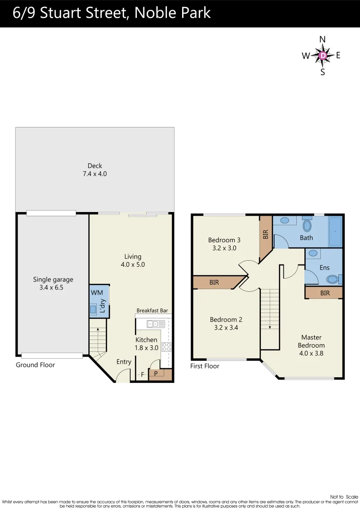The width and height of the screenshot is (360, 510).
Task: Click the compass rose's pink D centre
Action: click(x=323, y=55)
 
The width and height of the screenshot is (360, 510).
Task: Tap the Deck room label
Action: click(x=95, y=166)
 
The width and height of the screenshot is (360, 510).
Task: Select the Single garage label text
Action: click(x=53, y=280)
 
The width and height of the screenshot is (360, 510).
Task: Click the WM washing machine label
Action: click(x=96, y=293)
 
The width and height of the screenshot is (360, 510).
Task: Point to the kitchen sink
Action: click(x=156, y=324)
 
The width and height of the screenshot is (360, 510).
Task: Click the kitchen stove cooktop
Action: click(x=166, y=347)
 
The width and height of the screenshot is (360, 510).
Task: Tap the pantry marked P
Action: click(x=156, y=374)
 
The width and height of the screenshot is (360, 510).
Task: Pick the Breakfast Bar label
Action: click(x=152, y=311)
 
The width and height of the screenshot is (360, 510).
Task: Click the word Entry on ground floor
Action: click(x=124, y=362)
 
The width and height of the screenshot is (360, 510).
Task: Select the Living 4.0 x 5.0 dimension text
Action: click(x=133, y=264)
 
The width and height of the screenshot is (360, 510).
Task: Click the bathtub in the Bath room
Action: click(x=335, y=232)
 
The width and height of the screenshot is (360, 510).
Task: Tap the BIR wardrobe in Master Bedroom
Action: click(x=324, y=293)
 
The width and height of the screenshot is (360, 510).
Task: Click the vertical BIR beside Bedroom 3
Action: click(x=266, y=234)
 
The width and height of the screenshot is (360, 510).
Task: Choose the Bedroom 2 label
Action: click(x=226, y=320)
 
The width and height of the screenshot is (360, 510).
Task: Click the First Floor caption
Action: click(x=205, y=366)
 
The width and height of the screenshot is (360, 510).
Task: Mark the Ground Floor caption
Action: click(x=35, y=365)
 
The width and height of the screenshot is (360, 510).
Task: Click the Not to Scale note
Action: click(x=344, y=497)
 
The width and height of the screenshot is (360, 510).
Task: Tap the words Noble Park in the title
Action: click(x=172, y=13)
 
